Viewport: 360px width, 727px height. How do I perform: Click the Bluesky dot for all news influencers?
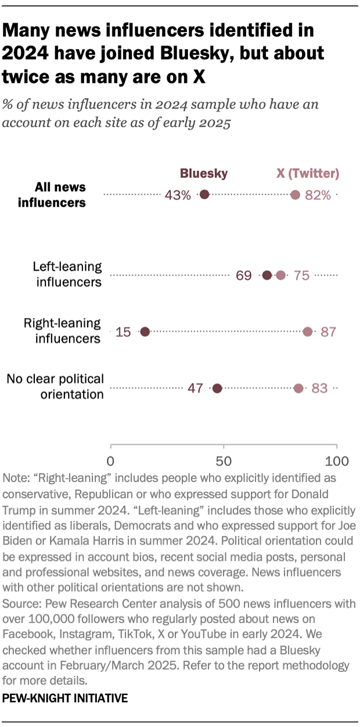204,195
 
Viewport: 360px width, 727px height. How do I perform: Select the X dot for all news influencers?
295,195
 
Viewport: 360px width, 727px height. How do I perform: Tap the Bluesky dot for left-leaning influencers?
267,275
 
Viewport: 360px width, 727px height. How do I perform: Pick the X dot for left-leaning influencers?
281,275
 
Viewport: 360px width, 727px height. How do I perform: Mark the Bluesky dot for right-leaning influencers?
145,332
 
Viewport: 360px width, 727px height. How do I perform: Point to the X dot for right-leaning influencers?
308,332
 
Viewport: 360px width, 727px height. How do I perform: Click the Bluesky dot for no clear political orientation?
218,388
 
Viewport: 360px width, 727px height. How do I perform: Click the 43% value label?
178,195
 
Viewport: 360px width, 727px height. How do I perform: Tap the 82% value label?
318,195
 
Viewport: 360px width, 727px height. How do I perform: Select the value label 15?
123,332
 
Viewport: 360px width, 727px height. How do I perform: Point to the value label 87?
329,332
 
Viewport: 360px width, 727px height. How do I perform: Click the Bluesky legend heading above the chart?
203,173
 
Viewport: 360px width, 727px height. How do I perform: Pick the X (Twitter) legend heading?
307,173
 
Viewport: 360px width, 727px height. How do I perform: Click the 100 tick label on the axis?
337,462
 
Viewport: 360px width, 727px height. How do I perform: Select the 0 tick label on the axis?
110,462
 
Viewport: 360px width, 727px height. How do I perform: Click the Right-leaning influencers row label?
62,331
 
